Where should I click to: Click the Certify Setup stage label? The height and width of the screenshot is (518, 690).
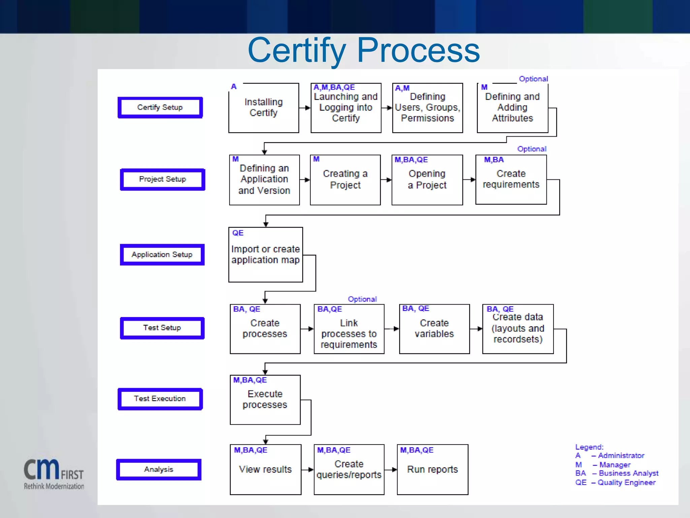(160, 108)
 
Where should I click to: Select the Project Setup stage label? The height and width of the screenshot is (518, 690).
(162, 179)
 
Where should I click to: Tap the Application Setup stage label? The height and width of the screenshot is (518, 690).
(162, 255)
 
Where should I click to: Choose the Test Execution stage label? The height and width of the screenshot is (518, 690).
(160, 399)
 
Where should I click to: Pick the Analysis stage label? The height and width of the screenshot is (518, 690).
(159, 469)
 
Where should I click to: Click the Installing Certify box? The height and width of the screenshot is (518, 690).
(263, 108)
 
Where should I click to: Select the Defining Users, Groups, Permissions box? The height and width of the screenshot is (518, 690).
(428, 108)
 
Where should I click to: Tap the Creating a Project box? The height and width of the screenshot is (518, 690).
(345, 180)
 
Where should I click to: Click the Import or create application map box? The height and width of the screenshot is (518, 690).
(265, 255)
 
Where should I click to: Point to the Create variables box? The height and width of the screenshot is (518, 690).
(434, 329)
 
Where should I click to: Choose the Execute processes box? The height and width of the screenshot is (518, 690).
(265, 400)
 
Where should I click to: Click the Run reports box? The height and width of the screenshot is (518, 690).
(433, 469)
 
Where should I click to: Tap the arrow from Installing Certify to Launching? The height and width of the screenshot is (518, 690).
(305, 108)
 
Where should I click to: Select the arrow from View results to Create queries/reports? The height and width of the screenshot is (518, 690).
(308, 469)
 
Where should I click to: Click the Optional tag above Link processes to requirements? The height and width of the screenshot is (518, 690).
(362, 299)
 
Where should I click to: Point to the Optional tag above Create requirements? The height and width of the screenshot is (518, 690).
(532, 149)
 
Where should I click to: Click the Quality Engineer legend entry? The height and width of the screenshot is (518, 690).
(616, 483)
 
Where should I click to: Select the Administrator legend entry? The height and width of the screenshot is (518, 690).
(610, 456)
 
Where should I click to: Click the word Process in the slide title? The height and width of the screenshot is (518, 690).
(418, 51)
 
